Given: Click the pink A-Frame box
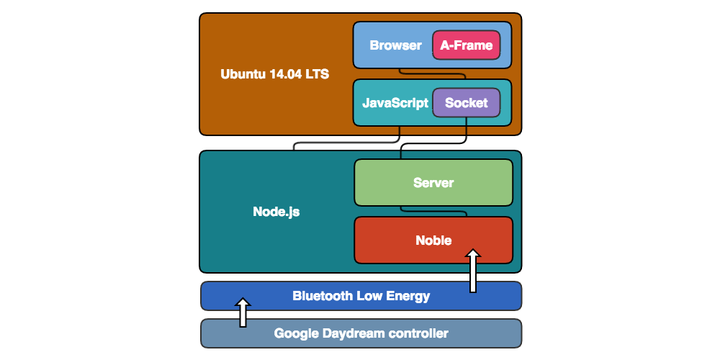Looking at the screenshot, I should [x=466, y=45].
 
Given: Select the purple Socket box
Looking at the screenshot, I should [x=466, y=103].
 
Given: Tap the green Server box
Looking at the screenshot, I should [x=433, y=183].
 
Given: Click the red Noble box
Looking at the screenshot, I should [x=433, y=240].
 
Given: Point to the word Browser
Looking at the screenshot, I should [x=395, y=45].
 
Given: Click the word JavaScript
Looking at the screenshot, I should [x=395, y=103].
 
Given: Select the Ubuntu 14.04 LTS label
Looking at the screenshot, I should [x=274, y=73].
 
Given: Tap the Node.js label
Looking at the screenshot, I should [x=276, y=212].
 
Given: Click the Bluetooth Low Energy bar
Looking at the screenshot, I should [x=361, y=296].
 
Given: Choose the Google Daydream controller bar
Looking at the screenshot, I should [x=361, y=333].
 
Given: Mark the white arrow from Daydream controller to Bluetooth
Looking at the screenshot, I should [x=243, y=312].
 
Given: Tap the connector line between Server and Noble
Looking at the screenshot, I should [x=433, y=211].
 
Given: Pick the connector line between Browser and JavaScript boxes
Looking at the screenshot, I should [x=432, y=73].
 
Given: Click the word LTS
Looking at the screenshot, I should [x=317, y=73].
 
